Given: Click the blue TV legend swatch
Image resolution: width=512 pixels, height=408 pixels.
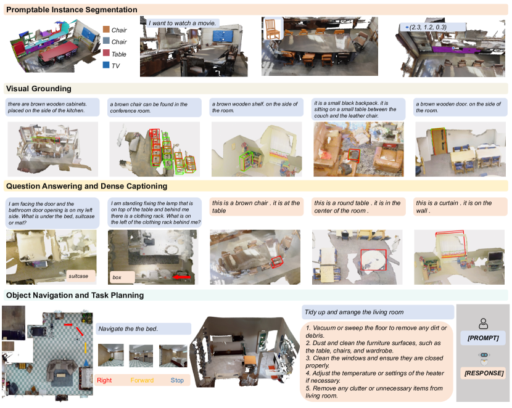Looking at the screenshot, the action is [106, 65].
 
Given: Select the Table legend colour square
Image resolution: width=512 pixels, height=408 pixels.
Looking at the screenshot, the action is [106, 52].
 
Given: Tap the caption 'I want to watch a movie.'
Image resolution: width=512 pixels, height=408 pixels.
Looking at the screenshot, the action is [182, 23].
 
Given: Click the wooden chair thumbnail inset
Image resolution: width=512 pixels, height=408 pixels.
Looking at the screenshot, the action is [272, 29].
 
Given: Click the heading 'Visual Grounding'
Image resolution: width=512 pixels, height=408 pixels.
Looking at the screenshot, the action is [38, 88].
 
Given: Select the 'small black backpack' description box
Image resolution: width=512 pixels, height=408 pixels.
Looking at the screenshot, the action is [358, 109].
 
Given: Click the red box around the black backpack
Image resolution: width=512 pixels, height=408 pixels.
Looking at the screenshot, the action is [353, 155].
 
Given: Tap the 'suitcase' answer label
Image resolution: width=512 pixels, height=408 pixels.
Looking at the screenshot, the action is [78, 276].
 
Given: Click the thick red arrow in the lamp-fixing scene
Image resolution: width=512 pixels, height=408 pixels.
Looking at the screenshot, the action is [181, 277].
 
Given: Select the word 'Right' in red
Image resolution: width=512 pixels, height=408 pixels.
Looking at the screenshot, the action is [104, 380].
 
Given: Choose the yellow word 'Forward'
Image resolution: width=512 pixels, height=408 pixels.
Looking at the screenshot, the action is [142, 380].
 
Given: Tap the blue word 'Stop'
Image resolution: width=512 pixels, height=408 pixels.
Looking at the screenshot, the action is [177, 380].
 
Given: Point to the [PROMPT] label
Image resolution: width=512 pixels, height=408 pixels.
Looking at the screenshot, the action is [483, 338].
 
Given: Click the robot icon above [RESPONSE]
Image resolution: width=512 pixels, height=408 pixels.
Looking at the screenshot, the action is [484, 358].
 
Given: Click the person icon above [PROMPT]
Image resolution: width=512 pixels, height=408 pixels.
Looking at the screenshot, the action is [483, 324].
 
